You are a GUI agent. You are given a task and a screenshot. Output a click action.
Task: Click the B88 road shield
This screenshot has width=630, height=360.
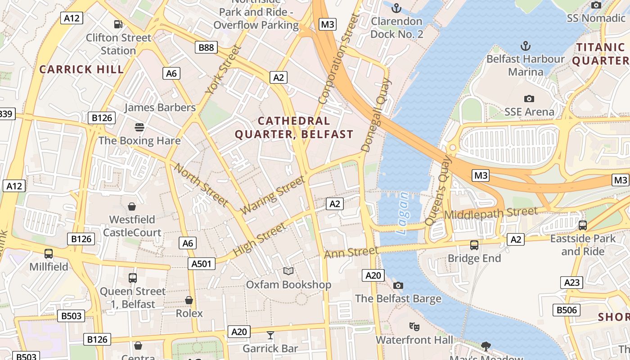tap(206, 47)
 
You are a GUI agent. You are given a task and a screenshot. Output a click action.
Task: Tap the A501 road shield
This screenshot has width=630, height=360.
tap(201, 264)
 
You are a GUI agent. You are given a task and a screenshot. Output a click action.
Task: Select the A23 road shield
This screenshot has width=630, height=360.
tap(572, 283)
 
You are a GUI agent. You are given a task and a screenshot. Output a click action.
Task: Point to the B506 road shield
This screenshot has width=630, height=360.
tap(567, 310)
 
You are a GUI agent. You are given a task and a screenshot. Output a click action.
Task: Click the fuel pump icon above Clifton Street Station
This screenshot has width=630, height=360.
tap(118, 24)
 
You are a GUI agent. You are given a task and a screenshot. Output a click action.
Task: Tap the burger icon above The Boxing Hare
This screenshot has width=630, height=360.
tap(139, 127)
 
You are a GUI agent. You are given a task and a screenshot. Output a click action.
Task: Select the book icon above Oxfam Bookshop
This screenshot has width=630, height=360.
tap(288, 271)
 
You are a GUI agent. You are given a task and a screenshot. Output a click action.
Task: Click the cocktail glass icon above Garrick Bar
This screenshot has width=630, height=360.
tap(270, 335)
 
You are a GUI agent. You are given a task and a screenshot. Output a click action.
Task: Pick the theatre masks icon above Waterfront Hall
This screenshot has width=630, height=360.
tap(414, 326)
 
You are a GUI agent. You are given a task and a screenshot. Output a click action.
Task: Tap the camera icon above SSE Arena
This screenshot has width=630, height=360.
tap(529, 99)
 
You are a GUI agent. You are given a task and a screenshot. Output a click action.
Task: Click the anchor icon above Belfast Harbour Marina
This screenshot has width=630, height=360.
tap(525, 45)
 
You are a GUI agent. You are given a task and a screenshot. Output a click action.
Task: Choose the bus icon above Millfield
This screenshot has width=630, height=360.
tap(49, 253)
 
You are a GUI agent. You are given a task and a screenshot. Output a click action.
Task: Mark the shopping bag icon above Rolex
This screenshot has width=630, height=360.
tap(189, 300)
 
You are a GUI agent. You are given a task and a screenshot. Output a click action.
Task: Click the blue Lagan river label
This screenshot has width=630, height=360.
tap(404, 213)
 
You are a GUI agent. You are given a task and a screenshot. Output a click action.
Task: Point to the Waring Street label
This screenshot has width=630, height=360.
tap(273, 195)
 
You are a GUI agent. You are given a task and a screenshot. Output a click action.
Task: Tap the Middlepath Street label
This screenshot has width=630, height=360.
tap(491, 213)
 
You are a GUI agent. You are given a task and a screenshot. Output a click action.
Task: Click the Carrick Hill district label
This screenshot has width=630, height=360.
tap(81, 69)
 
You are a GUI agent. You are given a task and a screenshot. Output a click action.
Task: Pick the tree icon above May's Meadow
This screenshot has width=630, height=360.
tap(486, 346)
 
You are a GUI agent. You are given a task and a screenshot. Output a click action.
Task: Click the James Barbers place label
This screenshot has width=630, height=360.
tap(160, 108)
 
